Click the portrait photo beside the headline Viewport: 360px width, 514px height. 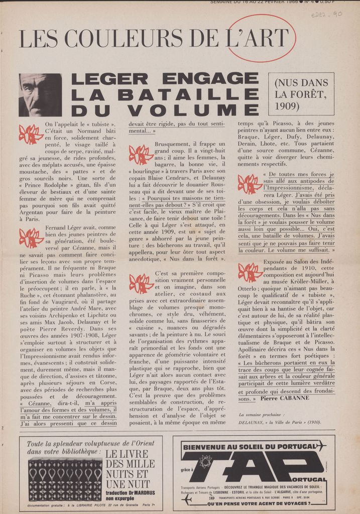pyautogui.click(x=40, y=95)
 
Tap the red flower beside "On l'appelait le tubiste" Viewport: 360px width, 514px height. pyautogui.click(x=31, y=134)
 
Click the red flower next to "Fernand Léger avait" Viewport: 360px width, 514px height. pyautogui.click(x=31, y=237)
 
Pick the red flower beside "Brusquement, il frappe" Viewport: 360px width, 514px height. pyautogui.click(x=141, y=154)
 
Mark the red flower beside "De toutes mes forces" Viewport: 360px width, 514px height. pyautogui.click(x=250, y=184)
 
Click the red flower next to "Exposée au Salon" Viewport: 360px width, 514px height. pyautogui.click(x=250, y=273)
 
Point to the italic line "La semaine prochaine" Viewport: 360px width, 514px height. pyautogui.click(x=261, y=415)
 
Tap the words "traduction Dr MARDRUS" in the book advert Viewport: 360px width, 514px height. pyautogui.click(x=130, y=493)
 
